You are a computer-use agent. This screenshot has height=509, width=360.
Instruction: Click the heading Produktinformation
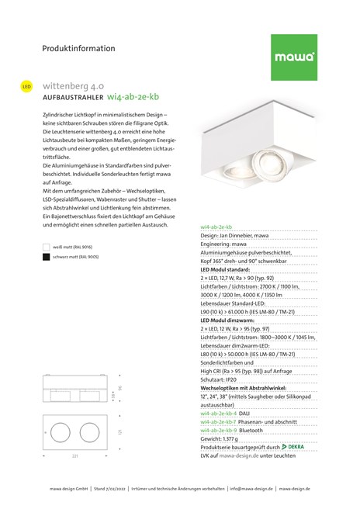[78, 48]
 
